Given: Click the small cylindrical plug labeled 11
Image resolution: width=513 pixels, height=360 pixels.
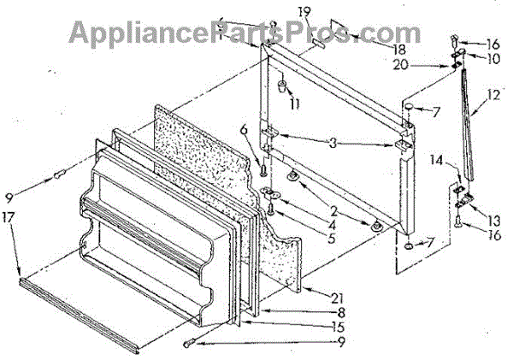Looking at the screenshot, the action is pyautogui.click(x=281, y=87).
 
